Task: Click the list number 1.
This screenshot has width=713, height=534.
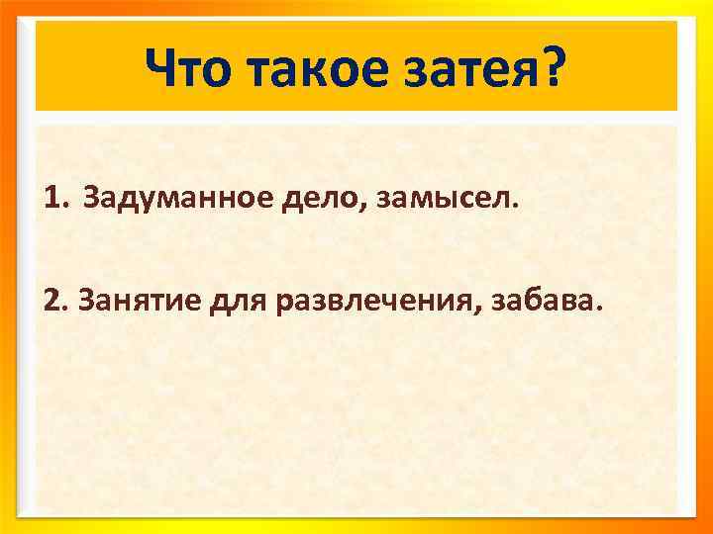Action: pos(51,201)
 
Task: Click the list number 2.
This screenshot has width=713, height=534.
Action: pos(51,298)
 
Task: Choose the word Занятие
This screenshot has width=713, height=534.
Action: pos(135,298)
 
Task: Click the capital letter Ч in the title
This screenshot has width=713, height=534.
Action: pos(160,67)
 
